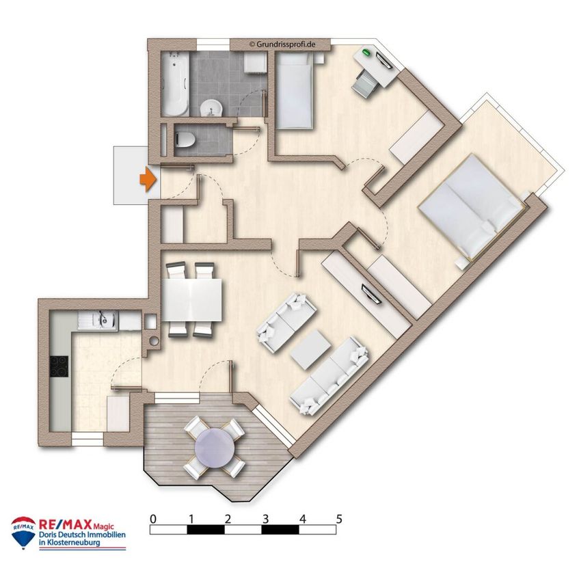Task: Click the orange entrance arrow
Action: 148,180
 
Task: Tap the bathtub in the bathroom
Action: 176,84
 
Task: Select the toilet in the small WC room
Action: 185,139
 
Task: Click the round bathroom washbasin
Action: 212,108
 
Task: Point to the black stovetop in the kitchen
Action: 59,366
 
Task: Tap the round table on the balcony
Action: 215,447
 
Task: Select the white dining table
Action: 192,300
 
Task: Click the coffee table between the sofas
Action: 310,349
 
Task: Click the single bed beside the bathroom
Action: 295,90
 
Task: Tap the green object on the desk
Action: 367,52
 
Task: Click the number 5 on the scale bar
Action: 338,519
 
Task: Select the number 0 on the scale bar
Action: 153,519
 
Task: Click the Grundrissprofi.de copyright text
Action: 282,44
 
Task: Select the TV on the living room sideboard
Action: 371,293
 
